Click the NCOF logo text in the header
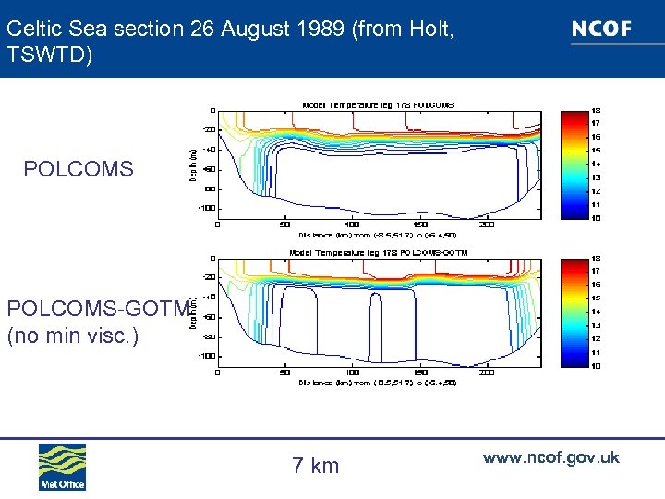[601, 29]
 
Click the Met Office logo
[62, 467]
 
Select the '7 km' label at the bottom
[316, 466]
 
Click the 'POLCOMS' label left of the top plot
[79, 169]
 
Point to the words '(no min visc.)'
[72, 335]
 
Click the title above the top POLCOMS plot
[379, 104]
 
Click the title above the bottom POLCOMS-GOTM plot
[379, 252]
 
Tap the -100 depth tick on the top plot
[207, 208]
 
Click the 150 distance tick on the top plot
[419, 225]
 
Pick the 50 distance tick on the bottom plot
[284, 373]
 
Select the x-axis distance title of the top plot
[379, 235]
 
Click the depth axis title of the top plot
[193, 164]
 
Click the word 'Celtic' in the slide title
[30, 29]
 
